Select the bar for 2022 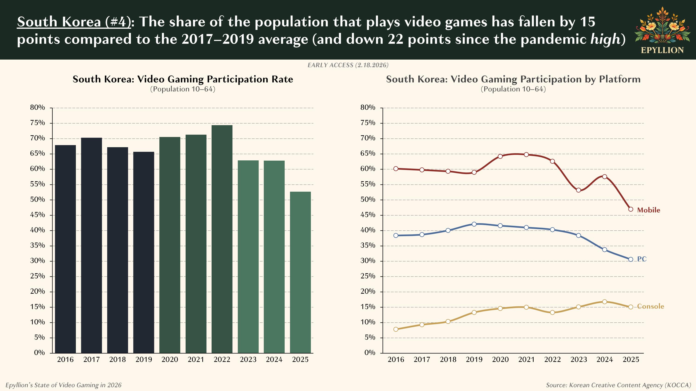click(x=222, y=239)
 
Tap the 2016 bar click(x=65, y=249)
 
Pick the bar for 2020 click(x=170, y=245)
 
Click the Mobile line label click(x=648, y=210)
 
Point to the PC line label click(x=642, y=259)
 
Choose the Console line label click(x=650, y=306)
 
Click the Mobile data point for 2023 click(x=578, y=190)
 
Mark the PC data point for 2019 click(x=474, y=224)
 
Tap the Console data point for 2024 click(x=605, y=302)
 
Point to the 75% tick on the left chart click(x=38, y=123)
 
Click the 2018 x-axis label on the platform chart click(x=448, y=360)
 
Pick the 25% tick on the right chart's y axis click(x=368, y=276)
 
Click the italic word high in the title click(x=605, y=39)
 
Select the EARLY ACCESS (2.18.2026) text click(x=348, y=65)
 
